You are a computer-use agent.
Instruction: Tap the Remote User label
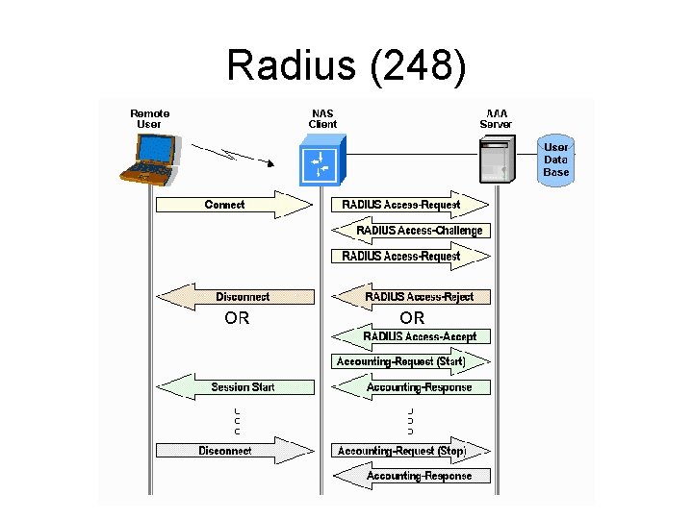pyautogui.click(x=150, y=118)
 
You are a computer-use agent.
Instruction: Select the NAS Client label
pyautogui.click(x=322, y=118)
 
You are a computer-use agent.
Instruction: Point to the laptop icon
pyautogui.click(x=151, y=158)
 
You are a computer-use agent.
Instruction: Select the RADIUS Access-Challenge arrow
pyautogui.click(x=411, y=231)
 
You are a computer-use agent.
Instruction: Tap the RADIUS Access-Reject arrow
pyautogui.click(x=411, y=297)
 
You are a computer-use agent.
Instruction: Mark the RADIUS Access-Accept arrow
pyautogui.click(x=411, y=336)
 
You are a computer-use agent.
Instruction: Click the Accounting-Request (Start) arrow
pyautogui.click(x=411, y=362)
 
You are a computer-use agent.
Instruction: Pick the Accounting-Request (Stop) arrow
pyautogui.click(x=411, y=451)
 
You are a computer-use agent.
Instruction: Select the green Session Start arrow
pyautogui.click(x=235, y=387)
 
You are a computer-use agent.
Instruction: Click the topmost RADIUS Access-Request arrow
pyautogui.click(x=411, y=205)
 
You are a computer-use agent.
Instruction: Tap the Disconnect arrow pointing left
pyautogui.click(x=235, y=297)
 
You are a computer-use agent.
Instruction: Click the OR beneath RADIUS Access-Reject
pyautogui.click(x=412, y=318)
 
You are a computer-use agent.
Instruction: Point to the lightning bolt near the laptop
pyautogui.click(x=226, y=153)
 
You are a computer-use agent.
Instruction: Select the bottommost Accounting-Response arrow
pyautogui.click(x=411, y=476)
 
